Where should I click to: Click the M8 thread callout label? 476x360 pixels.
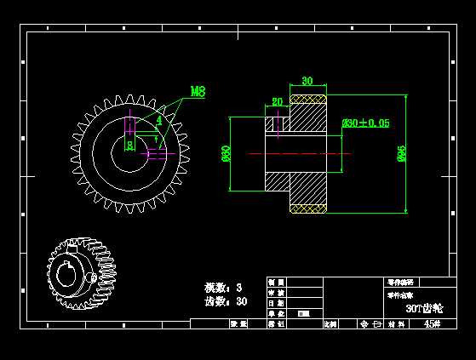coord(198,91)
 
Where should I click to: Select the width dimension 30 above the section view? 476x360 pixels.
coord(307,82)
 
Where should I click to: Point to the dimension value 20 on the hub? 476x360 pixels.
coord(278,102)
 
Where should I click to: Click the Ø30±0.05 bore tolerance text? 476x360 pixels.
coord(366,123)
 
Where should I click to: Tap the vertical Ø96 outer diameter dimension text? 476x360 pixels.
coord(401,153)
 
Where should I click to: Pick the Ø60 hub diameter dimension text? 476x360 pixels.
coord(227,153)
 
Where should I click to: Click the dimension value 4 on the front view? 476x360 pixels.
coord(158,121)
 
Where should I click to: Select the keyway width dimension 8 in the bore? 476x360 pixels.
coord(129,146)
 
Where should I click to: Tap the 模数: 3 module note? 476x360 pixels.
coord(223,288)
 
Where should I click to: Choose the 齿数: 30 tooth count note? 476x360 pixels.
coord(226,301)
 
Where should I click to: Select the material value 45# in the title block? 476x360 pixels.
coord(432,324)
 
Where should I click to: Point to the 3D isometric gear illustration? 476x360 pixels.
coord(81,273)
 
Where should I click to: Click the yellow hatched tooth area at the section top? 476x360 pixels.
coord(308,100)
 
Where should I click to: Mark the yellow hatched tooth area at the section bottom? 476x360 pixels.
coord(308,209)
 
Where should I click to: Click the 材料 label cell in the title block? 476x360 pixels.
coord(396,324)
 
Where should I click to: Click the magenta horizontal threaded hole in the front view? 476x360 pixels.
coord(160,154)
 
